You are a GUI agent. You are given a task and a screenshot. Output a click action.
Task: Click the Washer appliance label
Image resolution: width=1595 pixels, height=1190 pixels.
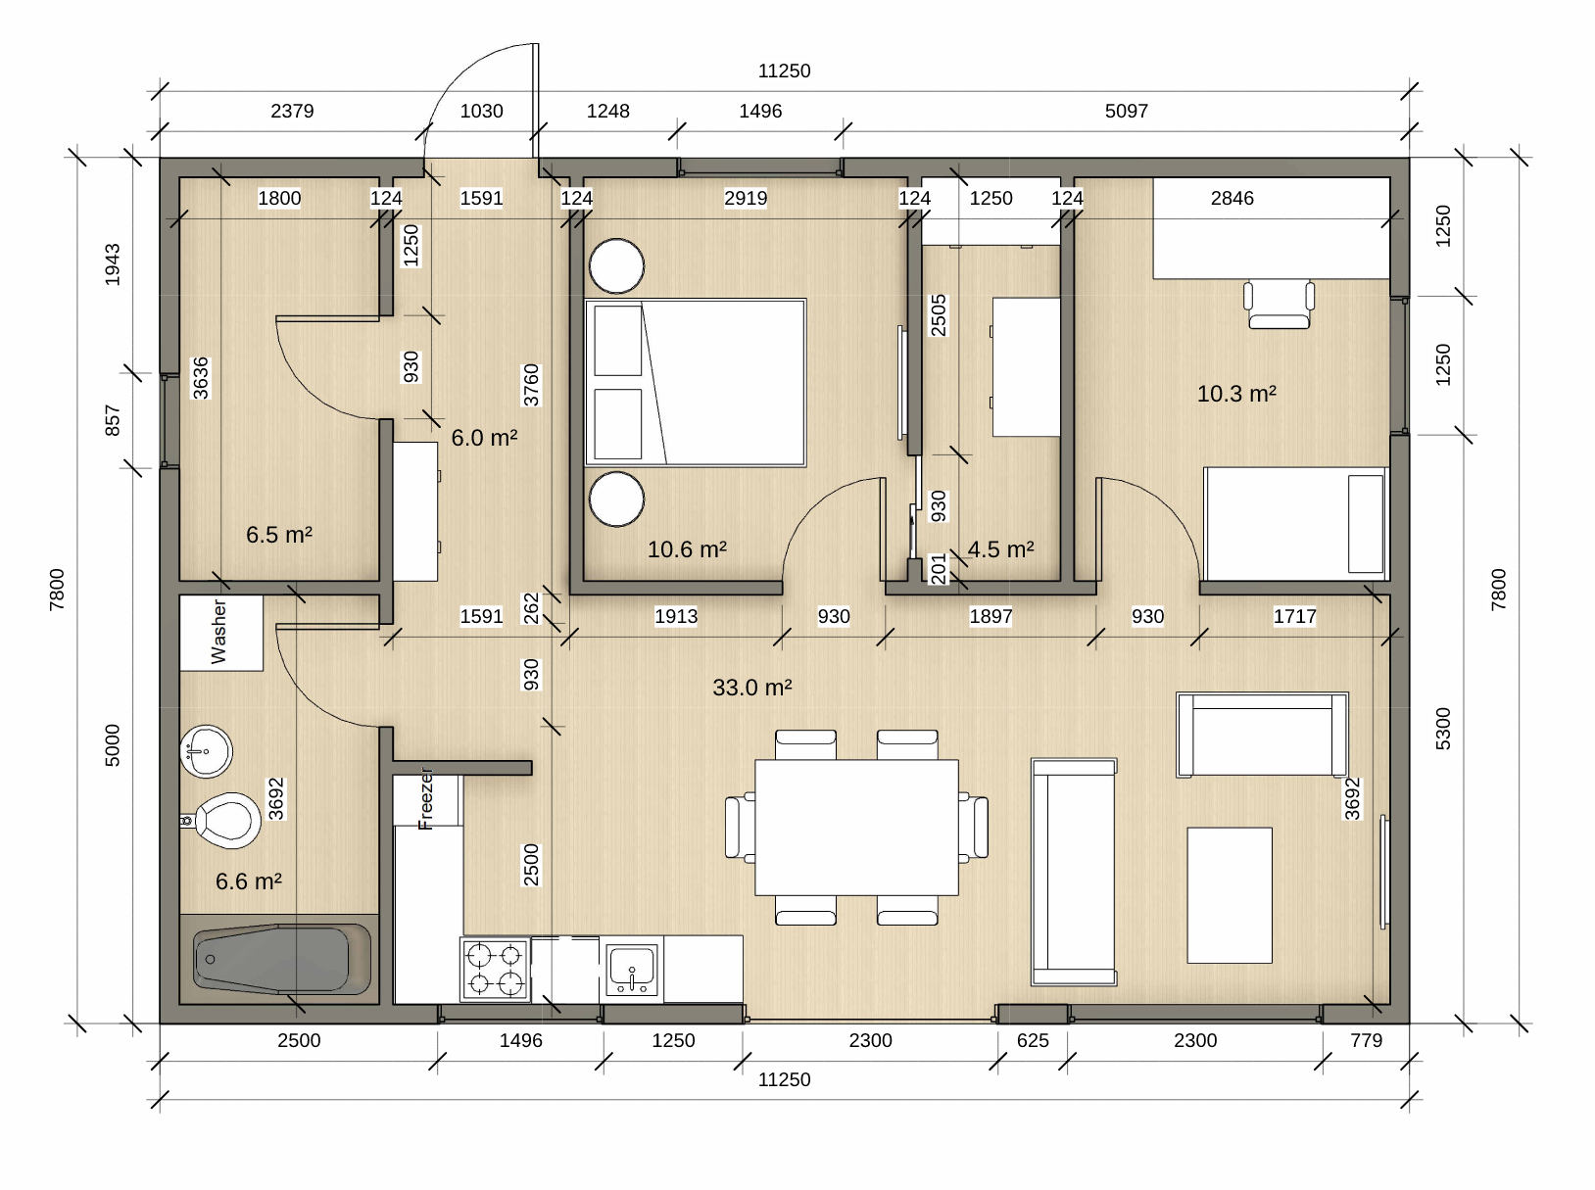(x=218, y=632)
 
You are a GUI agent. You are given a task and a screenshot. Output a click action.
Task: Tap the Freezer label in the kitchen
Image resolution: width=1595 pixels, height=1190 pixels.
(x=426, y=798)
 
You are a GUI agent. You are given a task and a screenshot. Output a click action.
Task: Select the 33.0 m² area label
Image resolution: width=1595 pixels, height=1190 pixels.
(x=752, y=687)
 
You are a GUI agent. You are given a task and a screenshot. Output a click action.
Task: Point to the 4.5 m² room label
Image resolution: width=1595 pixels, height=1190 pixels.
(x=1000, y=548)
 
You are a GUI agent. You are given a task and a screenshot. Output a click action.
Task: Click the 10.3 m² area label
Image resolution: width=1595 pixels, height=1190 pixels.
(x=1236, y=393)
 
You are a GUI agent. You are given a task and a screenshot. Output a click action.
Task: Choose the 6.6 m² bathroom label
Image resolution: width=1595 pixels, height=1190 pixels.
(x=249, y=881)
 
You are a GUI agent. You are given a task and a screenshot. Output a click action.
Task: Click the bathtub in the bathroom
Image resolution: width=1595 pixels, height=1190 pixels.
(x=282, y=959)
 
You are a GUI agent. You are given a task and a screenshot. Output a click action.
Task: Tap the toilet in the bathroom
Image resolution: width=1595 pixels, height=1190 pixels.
(x=222, y=820)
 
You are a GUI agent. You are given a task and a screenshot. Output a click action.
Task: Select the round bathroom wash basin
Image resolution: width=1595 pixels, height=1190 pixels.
(x=207, y=750)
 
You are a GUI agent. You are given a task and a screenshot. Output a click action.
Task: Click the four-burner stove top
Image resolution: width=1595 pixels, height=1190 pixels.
(x=495, y=970)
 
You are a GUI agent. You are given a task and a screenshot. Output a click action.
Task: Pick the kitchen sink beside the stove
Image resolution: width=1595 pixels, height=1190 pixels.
(x=632, y=970)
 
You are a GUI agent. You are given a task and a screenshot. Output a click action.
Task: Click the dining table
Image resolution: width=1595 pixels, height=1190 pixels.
(x=856, y=828)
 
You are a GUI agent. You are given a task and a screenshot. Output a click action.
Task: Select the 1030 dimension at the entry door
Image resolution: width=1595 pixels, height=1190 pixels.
(x=482, y=111)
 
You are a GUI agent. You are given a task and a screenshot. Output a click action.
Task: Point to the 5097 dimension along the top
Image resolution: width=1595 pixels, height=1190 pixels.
(x=1127, y=111)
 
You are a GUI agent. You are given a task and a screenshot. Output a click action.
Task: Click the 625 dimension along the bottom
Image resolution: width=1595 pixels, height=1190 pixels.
(x=1033, y=1040)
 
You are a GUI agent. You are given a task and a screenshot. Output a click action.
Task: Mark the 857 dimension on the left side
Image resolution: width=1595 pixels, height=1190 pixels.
(x=113, y=420)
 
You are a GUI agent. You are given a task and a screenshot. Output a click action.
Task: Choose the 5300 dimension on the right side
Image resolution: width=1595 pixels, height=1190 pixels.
(x=1443, y=729)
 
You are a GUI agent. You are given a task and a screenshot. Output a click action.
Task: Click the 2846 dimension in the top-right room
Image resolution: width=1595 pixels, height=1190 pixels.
(x=1232, y=198)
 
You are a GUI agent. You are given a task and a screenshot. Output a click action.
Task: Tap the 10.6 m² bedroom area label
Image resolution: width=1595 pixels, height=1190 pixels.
(x=687, y=548)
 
